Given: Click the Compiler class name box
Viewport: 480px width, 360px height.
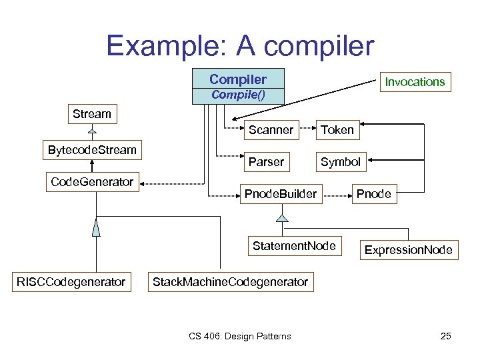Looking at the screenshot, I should click(238, 79).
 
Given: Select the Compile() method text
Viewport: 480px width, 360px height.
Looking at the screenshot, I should click(238, 95).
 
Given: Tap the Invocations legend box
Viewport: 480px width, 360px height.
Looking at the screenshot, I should click(414, 82).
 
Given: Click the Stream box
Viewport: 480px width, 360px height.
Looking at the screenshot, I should click(92, 114).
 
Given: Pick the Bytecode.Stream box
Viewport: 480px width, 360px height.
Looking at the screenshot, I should click(92, 149).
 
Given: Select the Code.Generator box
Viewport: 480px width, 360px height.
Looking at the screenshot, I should click(92, 182).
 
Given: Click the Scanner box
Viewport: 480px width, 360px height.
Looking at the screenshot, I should click(271, 130).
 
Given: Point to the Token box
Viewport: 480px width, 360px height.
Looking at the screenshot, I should click(337, 130).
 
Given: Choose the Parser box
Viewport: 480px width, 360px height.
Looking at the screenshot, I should click(266, 162).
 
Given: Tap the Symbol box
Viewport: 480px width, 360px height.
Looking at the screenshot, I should click(340, 162).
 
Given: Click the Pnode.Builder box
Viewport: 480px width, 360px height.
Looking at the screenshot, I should click(280, 194).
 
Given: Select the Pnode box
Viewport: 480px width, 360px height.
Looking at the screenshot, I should click(374, 194).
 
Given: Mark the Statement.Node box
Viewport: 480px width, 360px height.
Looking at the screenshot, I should click(294, 246).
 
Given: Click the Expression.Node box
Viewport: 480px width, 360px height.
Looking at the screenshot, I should click(408, 250).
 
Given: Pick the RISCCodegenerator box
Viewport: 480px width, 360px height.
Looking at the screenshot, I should click(71, 282).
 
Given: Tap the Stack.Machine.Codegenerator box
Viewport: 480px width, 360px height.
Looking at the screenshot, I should click(230, 282).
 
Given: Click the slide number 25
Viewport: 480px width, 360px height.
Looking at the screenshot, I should click(445, 336).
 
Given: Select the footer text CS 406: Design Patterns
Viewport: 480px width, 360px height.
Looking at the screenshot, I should click(239, 336).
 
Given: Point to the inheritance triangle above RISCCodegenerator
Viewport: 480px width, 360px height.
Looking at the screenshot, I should click(96, 229).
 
